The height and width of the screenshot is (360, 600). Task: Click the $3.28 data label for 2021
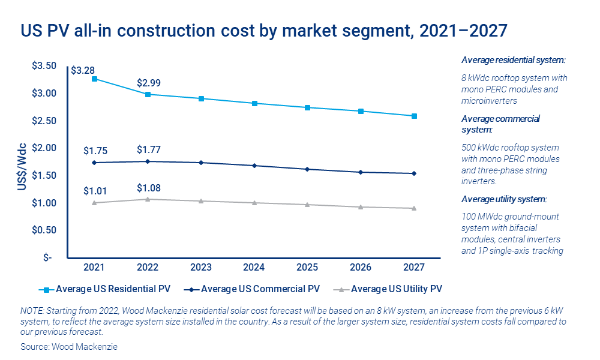pyautogui.click(x=83, y=71)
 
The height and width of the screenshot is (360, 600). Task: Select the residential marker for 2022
pyautogui.click(x=148, y=94)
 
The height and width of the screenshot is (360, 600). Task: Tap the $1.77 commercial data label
pyautogui.click(x=149, y=149)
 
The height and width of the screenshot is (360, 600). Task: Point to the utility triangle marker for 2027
pyautogui.click(x=414, y=208)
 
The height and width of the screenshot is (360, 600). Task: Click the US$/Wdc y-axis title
pyautogui.click(x=22, y=167)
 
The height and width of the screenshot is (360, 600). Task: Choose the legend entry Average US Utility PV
pyautogui.click(x=397, y=289)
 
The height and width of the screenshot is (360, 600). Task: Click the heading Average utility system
pyautogui.click(x=505, y=199)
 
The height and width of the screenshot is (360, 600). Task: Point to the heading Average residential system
pyautogui.click(x=514, y=61)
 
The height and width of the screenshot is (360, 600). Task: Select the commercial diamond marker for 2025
pyautogui.click(x=308, y=169)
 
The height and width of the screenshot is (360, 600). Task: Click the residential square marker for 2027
pyautogui.click(x=414, y=116)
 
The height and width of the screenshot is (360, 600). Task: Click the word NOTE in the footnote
pyautogui.click(x=31, y=310)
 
